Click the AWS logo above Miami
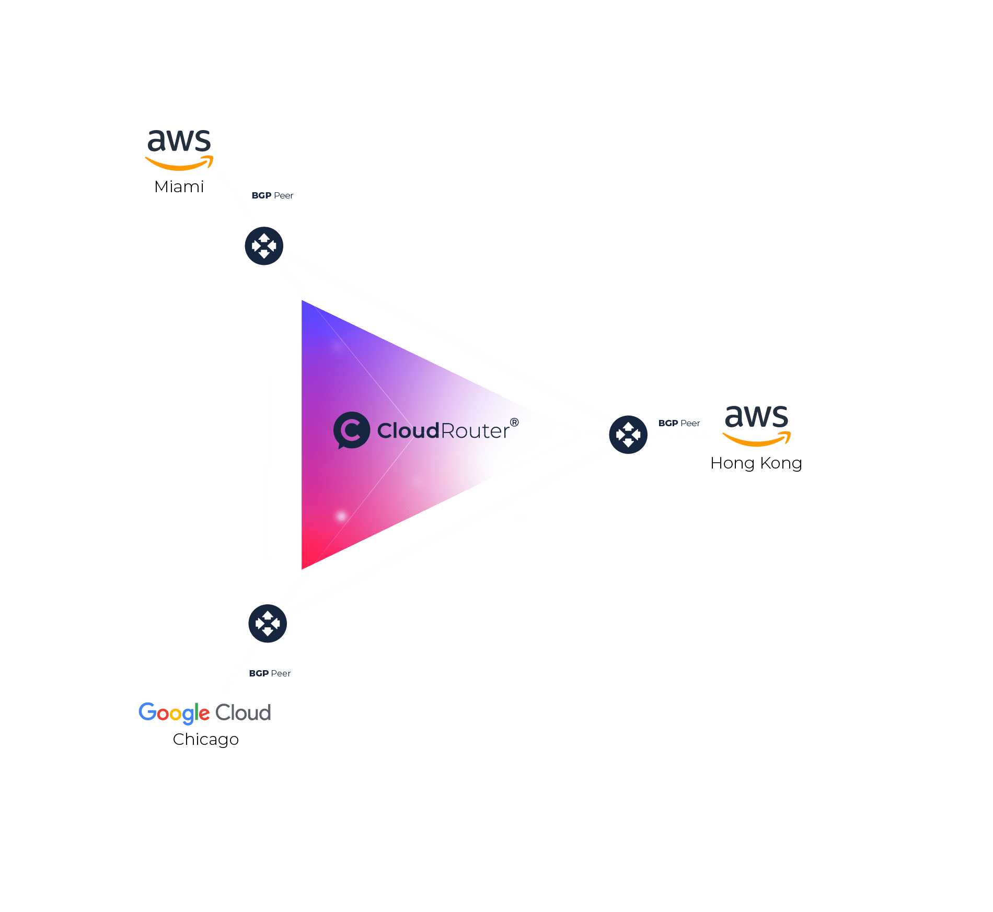pyautogui.click(x=179, y=149)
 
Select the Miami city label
pyautogui.click(x=179, y=186)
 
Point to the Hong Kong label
pyautogui.click(x=756, y=463)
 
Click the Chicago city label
pyautogui.click(x=205, y=739)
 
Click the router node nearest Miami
pyautogui.click(x=264, y=245)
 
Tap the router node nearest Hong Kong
pyautogui.click(x=628, y=434)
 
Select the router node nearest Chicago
pyautogui.click(x=268, y=623)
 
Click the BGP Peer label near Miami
pyautogui.click(x=272, y=195)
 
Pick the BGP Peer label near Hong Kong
pyautogui.click(x=679, y=423)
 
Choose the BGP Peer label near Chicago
pyautogui.click(x=270, y=673)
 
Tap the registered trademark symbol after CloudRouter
pyautogui.click(x=514, y=422)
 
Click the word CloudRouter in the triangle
pyautogui.click(x=443, y=431)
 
